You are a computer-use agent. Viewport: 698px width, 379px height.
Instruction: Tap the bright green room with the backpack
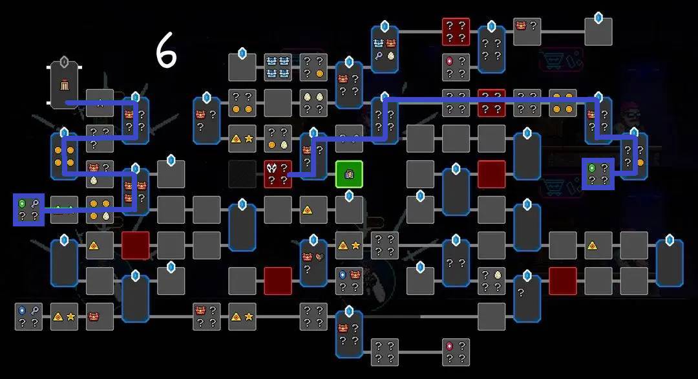point(349,174)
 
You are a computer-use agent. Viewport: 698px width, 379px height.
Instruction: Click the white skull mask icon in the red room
point(271,168)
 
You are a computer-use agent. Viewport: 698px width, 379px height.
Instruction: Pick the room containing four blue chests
point(278,67)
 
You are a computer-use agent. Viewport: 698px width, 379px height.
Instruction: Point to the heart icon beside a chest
point(319,257)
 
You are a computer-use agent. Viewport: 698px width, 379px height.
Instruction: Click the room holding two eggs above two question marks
point(313,103)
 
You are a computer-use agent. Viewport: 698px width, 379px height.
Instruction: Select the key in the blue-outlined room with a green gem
point(35,204)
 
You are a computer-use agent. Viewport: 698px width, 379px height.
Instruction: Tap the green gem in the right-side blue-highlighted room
point(592,168)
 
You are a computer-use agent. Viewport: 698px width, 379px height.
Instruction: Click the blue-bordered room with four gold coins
point(64,157)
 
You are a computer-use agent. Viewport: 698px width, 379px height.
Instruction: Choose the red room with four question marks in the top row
point(456,32)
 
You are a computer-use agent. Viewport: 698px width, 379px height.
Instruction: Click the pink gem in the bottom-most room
point(450,346)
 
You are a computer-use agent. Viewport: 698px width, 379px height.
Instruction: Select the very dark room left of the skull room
point(242,174)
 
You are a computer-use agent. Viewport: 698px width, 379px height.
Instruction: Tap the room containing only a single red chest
point(100,317)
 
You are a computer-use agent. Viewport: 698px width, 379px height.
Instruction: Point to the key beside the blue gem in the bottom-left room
point(35,310)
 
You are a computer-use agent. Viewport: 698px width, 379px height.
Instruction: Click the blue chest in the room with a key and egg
point(378,43)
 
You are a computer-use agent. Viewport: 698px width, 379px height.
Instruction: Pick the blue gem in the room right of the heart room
point(343,275)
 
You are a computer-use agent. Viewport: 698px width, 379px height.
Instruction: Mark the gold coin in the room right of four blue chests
point(320,74)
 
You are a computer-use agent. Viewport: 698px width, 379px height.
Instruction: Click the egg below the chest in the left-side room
point(94,180)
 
